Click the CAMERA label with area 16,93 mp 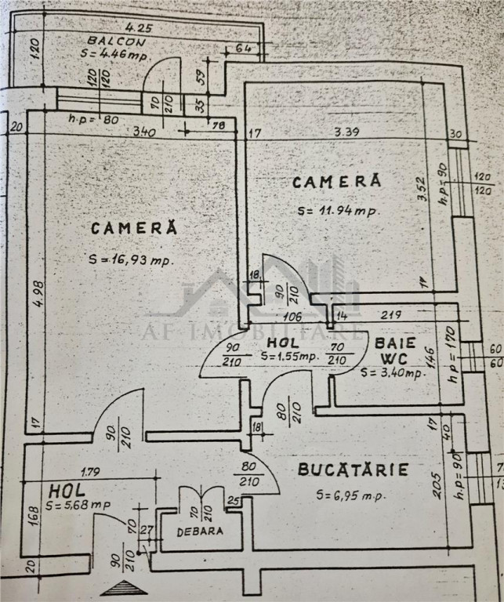point(134,228)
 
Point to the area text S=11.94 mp point(338,210)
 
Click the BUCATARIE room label point(353,470)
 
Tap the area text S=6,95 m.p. point(353,495)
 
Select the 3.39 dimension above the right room point(346,132)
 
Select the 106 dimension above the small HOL point(293,317)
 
